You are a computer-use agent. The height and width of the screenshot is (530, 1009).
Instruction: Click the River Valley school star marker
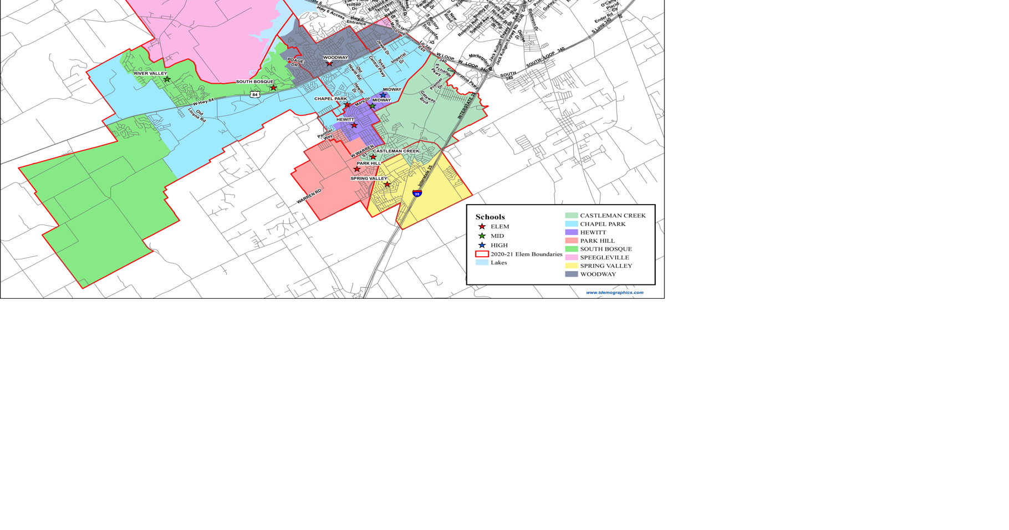(x=167, y=80)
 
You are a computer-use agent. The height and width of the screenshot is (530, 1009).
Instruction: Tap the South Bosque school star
(x=273, y=88)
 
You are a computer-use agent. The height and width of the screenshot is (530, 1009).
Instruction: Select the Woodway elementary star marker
(x=329, y=64)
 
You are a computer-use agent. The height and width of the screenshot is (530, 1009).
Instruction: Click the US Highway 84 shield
(x=254, y=95)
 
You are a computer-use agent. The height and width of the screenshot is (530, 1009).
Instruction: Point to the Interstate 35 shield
(x=417, y=193)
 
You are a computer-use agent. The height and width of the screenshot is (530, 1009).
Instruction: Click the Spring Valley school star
(x=387, y=185)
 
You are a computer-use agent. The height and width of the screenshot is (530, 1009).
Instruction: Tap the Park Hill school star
(x=357, y=169)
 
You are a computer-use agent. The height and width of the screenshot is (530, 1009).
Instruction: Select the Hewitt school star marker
(x=354, y=125)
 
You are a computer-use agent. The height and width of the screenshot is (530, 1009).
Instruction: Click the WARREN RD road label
(x=309, y=196)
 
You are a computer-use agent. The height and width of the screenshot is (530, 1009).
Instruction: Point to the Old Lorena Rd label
(x=196, y=116)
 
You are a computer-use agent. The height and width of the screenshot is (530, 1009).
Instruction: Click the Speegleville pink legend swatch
(x=571, y=257)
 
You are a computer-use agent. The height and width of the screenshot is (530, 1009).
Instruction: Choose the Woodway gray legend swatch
(x=571, y=274)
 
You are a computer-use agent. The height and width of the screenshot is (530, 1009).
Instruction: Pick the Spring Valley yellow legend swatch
(x=571, y=266)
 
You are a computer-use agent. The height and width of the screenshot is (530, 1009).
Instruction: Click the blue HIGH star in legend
(x=482, y=245)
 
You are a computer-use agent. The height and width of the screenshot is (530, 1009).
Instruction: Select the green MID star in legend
(x=482, y=236)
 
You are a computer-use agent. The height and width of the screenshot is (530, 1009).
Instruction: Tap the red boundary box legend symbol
(x=482, y=254)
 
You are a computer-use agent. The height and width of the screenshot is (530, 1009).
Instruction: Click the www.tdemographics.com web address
(x=614, y=292)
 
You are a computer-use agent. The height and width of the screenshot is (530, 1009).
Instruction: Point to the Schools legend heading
(x=490, y=217)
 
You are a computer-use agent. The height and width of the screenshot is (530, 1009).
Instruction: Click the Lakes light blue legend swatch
(x=482, y=262)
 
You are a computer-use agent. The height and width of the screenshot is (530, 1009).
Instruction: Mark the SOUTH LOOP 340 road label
(x=545, y=58)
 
